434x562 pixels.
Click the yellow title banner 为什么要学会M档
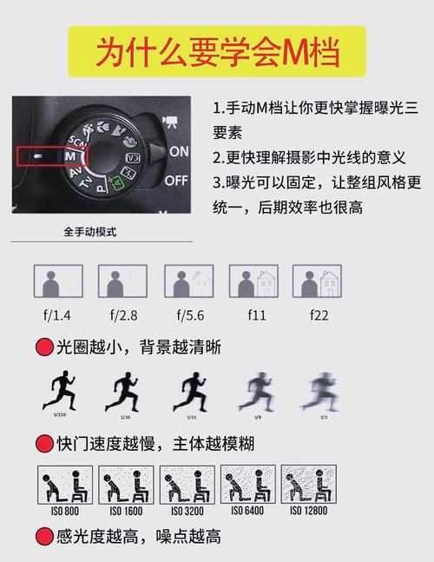coord(218,51)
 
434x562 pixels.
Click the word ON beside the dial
coord(179,150)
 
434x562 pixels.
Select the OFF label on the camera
coord(176,181)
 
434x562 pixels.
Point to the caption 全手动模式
coord(89,233)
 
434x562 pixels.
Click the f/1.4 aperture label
coord(58,315)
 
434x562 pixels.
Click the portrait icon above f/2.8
coord(123,281)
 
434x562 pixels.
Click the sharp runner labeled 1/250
coord(58,391)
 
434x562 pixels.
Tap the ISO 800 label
coord(58,512)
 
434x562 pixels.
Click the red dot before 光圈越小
coord(43,347)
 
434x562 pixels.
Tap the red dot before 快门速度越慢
coord(43,444)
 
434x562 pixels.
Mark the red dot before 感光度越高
coord(43,536)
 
